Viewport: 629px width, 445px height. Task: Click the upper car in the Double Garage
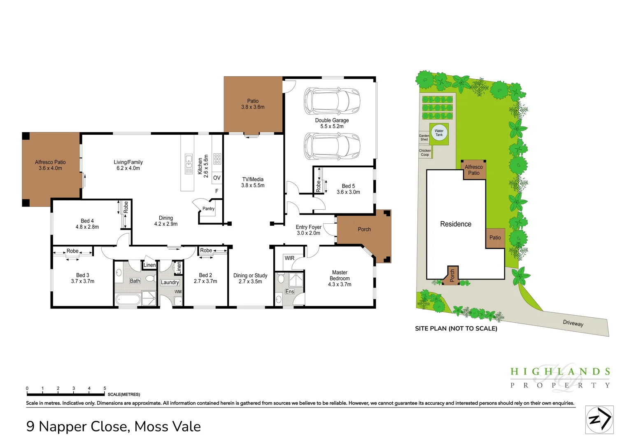[332, 101]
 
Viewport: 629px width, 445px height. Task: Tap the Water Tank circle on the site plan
[439, 133]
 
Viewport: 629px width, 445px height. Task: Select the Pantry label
[208, 209]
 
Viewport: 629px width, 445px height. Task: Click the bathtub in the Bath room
[128, 299]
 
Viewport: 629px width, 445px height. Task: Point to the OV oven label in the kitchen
[217, 178]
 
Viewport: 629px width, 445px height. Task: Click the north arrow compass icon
[599, 419]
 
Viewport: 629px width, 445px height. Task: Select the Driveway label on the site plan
[573, 323]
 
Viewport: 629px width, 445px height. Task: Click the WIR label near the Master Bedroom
[289, 258]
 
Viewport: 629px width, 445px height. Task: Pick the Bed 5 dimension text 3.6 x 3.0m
[348, 192]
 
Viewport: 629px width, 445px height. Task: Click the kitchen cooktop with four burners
[217, 159]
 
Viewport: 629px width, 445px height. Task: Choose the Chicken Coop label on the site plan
[425, 152]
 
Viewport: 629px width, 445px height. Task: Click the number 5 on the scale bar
[105, 388]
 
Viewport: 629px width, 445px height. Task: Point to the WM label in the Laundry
[178, 292]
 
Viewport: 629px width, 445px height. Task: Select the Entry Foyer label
[308, 227]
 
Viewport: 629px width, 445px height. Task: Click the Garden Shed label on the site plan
[424, 138]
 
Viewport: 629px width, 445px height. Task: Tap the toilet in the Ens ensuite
[281, 279]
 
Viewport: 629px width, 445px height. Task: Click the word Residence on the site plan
[456, 224]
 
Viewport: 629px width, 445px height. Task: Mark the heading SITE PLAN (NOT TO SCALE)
[456, 328]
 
